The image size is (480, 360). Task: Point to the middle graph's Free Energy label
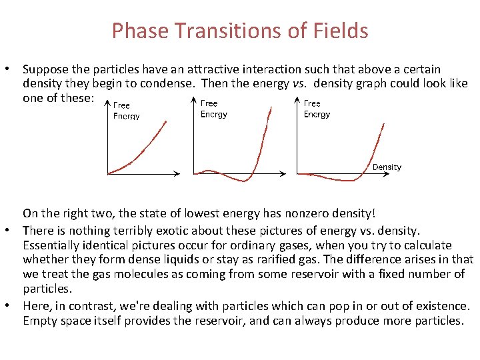[213, 109]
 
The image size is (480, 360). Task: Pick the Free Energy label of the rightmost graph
[316, 109]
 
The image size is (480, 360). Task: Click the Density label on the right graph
[387, 167]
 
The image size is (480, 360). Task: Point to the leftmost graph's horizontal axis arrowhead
[176, 174]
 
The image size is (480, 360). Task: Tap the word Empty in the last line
[38, 321]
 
